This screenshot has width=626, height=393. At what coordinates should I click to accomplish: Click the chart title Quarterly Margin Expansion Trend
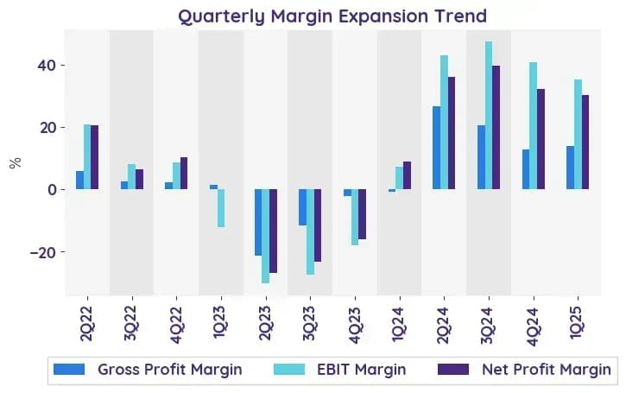[332, 16]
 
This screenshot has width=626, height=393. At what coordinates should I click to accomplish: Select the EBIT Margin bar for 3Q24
[489, 116]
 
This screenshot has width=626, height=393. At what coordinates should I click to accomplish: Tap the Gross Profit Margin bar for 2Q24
[436, 148]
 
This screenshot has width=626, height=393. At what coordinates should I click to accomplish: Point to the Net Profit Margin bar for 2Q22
[95, 157]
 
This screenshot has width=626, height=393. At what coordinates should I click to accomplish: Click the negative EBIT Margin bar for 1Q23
[221, 208]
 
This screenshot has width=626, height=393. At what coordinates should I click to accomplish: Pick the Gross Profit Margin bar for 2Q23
[258, 223]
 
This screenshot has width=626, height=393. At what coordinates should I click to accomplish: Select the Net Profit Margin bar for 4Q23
[362, 214]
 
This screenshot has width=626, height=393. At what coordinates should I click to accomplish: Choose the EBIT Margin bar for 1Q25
[579, 135]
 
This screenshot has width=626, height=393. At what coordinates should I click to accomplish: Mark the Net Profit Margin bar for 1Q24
[407, 175]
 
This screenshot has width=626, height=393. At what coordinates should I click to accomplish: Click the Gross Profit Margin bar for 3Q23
[302, 207]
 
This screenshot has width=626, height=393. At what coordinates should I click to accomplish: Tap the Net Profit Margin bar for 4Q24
[541, 139]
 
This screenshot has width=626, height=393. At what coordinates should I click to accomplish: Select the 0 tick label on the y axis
[53, 190]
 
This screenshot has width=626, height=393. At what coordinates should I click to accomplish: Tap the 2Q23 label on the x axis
[265, 324]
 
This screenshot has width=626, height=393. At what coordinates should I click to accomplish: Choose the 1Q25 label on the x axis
[578, 323]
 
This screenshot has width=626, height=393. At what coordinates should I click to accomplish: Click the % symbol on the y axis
[16, 163]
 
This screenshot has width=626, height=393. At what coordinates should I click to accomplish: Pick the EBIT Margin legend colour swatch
[289, 370]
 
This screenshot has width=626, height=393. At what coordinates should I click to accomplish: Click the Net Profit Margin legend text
[547, 370]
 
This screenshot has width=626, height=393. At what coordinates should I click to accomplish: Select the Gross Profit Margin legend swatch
[69, 370]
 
